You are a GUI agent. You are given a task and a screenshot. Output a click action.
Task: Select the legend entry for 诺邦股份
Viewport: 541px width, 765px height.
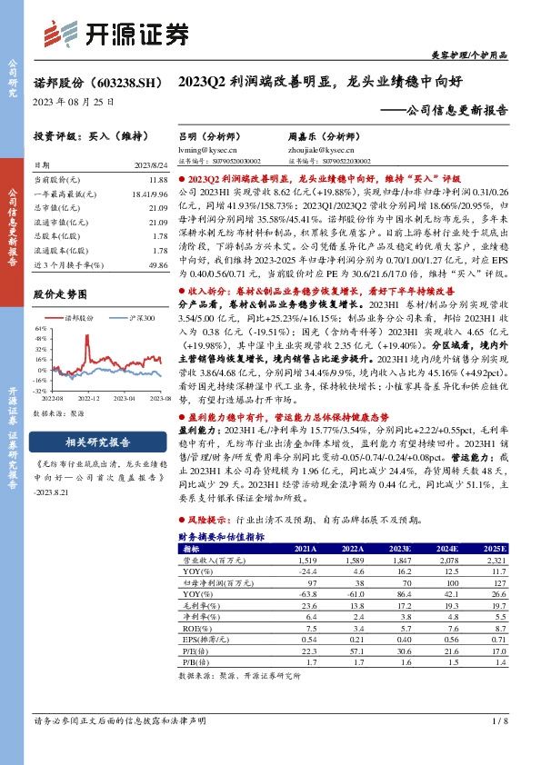point(81,319)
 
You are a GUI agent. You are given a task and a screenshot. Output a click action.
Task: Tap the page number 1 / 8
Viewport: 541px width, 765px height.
point(497,720)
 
